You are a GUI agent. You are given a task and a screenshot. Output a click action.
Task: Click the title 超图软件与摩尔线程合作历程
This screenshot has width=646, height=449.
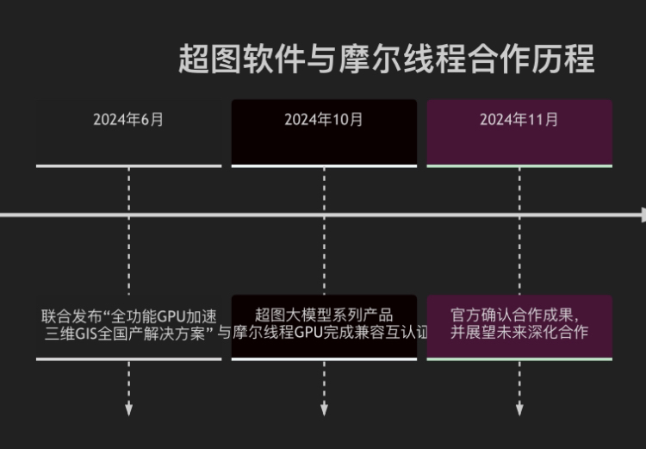[x=386, y=59]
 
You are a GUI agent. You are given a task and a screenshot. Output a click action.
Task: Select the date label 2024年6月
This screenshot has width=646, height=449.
[x=128, y=120]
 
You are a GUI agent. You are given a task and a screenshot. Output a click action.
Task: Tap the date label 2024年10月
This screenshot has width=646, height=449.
[x=324, y=120]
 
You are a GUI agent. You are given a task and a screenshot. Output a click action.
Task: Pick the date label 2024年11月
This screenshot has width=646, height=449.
[x=519, y=120]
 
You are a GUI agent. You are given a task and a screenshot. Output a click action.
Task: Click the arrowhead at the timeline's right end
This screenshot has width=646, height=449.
[x=641, y=215]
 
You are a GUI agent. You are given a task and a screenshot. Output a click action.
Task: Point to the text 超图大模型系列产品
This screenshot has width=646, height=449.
[x=324, y=315]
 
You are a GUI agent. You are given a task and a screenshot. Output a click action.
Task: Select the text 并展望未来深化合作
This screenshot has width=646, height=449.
[x=519, y=332]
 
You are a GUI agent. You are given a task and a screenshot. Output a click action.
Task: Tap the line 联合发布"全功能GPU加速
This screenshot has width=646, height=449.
[x=128, y=315]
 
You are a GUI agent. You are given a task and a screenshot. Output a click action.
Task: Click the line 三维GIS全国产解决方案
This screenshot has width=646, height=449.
[x=128, y=333]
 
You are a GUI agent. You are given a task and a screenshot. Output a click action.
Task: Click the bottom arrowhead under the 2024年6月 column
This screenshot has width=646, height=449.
[x=128, y=409]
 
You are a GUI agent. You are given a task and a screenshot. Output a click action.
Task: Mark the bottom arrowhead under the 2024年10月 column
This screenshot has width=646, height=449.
[x=324, y=409]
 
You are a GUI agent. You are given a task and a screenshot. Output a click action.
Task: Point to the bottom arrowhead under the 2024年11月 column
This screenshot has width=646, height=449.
[x=519, y=409]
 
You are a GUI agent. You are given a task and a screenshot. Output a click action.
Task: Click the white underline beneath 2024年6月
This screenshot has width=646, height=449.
[x=128, y=165]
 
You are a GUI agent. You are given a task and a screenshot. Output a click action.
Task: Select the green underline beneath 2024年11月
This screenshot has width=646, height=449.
[x=519, y=165]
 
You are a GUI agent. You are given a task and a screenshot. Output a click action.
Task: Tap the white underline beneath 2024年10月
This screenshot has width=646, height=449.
[x=324, y=165]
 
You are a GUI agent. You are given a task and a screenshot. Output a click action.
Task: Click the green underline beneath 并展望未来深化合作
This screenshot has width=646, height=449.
[x=519, y=359]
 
